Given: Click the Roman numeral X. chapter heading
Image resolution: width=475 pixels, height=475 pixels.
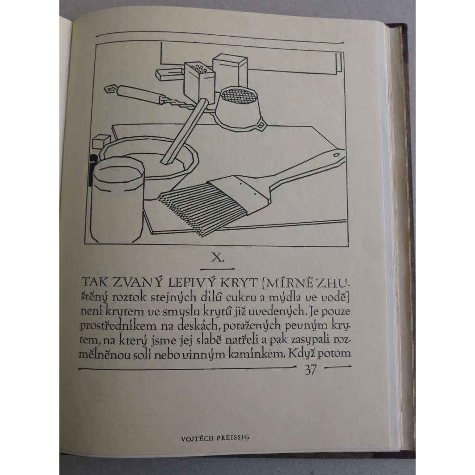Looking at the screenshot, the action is [218, 258].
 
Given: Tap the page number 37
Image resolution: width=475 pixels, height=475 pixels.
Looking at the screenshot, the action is [310, 370].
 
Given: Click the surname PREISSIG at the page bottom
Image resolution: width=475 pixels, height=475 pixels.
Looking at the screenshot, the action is [234, 438].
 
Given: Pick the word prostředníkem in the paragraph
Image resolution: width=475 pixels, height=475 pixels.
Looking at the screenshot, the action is [122, 326].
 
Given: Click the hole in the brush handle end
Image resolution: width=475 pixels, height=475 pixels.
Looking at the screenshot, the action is [336, 155].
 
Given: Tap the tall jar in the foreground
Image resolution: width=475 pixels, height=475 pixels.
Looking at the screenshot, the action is [117, 200].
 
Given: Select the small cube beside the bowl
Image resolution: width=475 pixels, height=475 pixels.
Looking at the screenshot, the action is [101, 142].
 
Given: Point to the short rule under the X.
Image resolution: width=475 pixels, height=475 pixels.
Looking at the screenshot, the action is [217, 269].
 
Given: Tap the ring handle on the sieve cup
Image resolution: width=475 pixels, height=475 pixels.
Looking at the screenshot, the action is [261, 125].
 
